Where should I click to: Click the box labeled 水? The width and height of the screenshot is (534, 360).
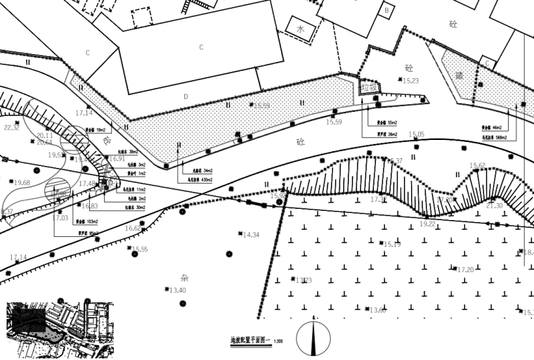[x=301, y=30]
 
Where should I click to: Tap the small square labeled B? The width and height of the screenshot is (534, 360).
[x=386, y=11]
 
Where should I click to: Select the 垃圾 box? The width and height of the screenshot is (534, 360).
[x=370, y=88]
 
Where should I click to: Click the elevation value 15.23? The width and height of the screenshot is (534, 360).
[x=410, y=81]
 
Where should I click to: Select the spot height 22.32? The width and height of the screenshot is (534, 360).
[x=12, y=128]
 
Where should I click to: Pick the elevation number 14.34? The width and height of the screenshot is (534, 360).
[x=251, y=235]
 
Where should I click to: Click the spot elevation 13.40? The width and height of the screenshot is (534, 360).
[x=177, y=290]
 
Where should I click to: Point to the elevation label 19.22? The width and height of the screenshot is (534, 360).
[x=427, y=224]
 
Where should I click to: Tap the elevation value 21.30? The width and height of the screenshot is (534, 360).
[x=494, y=206]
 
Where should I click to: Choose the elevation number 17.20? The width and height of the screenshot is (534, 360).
[x=465, y=269]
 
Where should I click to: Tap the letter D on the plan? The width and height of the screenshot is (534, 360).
[x=185, y=96]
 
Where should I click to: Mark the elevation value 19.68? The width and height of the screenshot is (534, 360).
[x=22, y=183]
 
